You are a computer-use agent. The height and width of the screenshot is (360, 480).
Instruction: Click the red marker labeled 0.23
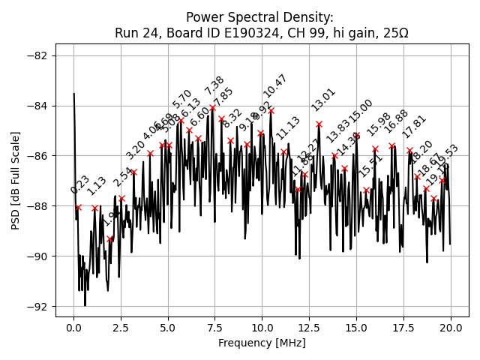78,208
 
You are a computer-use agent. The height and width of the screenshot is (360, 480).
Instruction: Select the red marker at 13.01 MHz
319,124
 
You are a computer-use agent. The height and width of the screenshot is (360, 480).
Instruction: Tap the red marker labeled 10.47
271,110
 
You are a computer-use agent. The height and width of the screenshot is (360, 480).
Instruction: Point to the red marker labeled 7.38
212,107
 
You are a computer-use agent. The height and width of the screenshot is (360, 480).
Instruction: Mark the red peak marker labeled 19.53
442,180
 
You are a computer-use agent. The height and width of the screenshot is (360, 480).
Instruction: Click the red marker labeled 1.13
94,208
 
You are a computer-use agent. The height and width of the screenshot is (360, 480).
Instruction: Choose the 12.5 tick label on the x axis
309,328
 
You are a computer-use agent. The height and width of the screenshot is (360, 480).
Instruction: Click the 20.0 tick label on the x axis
450,328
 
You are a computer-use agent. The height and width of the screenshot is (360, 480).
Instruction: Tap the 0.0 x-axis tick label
73,328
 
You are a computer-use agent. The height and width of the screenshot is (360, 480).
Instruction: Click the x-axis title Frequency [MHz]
262,343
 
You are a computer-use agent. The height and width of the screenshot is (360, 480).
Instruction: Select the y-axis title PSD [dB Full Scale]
16,180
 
